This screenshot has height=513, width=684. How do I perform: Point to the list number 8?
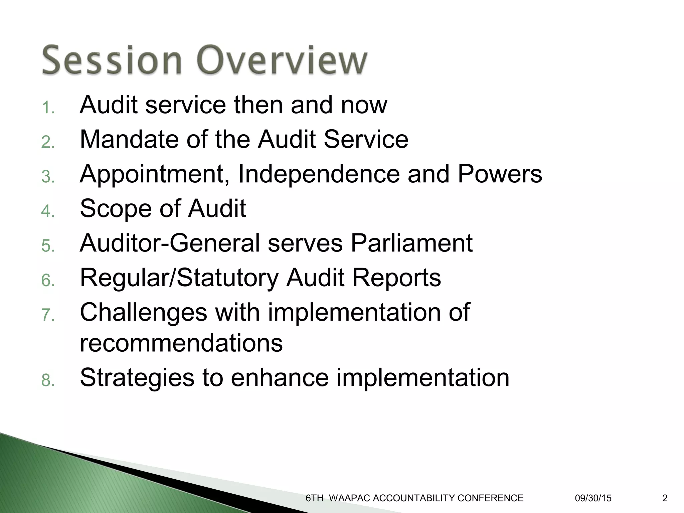click(x=48, y=380)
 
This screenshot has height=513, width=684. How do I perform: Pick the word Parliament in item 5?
click(x=411, y=243)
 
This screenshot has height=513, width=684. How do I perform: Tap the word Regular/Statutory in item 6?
click(x=179, y=278)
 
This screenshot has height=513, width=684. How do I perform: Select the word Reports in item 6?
click(x=397, y=278)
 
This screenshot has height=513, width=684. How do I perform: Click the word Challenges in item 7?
click(x=144, y=313)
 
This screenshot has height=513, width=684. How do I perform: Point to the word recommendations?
click(x=181, y=343)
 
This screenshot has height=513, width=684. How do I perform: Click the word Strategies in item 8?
click(x=137, y=378)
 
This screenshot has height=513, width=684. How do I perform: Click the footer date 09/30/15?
click(x=593, y=498)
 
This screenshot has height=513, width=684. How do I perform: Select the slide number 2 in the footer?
click(x=665, y=498)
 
